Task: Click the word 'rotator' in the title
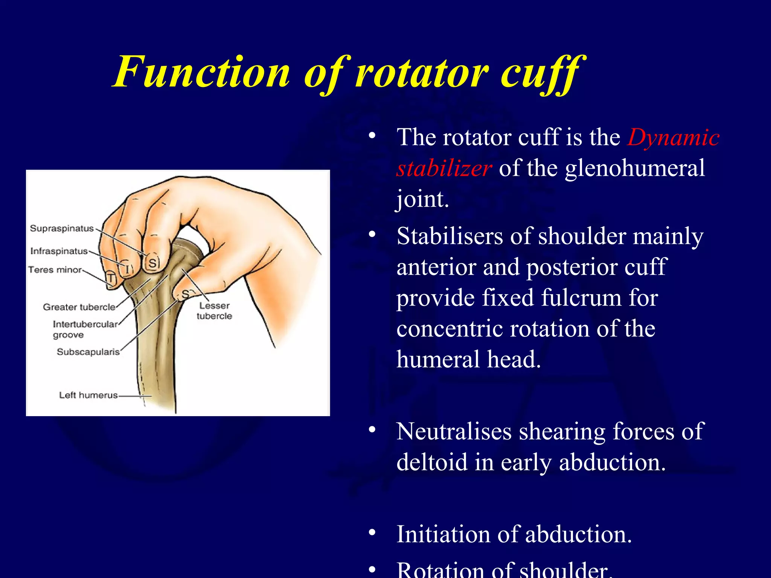(422, 72)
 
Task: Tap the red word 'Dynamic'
(673, 138)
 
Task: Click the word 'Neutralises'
(454, 431)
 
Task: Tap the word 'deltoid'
(431, 462)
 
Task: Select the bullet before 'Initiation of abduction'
(372, 532)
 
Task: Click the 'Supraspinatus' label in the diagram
(62, 228)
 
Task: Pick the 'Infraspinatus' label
(59, 251)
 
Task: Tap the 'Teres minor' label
(55, 270)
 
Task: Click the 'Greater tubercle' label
(79, 307)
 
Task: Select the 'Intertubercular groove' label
(85, 329)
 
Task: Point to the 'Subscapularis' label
(88, 352)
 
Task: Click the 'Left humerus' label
(88, 395)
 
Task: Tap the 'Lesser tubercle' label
(214, 311)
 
